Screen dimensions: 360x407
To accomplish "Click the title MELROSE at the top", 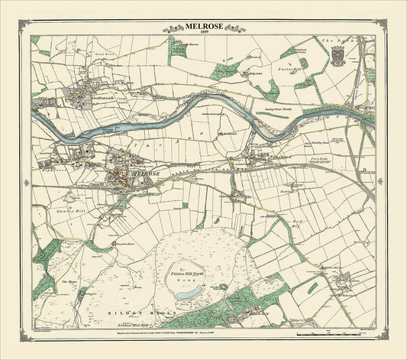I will coord(203,25).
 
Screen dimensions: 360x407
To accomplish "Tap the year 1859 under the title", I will coord(203,32).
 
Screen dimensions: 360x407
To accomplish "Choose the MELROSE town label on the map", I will coord(146,174).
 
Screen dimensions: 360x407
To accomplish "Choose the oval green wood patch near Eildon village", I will coord(313,287).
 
